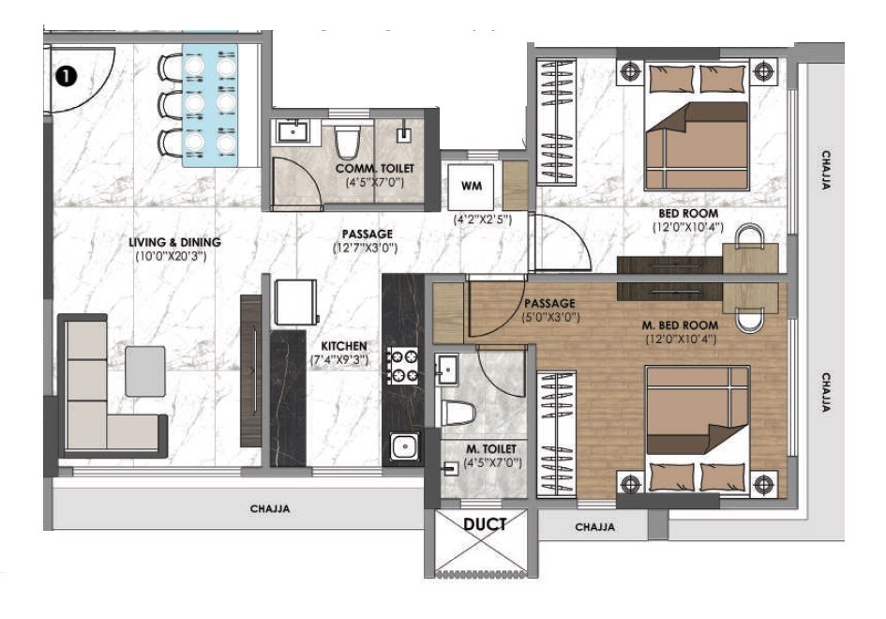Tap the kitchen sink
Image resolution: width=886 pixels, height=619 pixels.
tap(405, 447)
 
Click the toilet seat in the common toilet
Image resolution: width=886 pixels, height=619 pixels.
tap(348, 143)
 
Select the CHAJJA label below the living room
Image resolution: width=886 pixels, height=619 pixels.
tap(270, 509)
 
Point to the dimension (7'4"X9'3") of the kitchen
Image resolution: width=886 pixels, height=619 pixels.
tap(339, 359)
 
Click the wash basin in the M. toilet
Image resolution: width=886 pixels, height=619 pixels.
tap(448, 370)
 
